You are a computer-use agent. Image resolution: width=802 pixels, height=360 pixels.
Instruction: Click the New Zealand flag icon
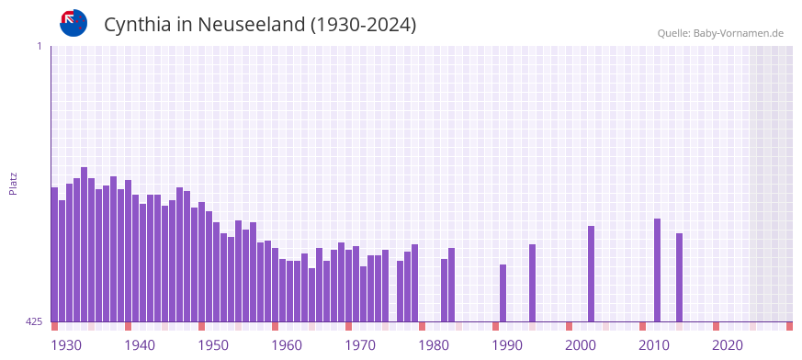click(x=73, y=23)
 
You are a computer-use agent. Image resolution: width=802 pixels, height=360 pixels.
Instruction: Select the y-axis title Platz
click(x=13, y=183)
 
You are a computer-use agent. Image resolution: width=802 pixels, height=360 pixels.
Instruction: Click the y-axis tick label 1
click(x=39, y=46)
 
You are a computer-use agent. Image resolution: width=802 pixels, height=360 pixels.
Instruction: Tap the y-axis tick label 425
click(x=34, y=321)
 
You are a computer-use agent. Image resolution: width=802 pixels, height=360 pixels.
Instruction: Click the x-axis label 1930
click(x=65, y=345)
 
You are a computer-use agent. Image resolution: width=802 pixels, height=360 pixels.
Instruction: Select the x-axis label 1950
click(x=213, y=345)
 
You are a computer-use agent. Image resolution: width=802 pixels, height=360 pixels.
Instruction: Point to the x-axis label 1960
click(x=287, y=345)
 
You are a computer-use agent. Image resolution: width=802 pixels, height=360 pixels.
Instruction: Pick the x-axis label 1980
click(x=434, y=345)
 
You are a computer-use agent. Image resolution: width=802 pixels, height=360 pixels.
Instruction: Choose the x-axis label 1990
click(x=507, y=345)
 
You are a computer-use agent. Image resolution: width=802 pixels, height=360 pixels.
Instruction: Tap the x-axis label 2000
click(x=581, y=345)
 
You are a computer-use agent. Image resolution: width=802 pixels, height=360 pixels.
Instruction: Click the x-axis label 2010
click(x=654, y=345)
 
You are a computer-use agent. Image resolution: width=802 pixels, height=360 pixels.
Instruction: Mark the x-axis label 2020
click(x=728, y=345)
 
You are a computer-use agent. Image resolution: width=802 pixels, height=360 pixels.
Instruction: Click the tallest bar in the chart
click(x=84, y=244)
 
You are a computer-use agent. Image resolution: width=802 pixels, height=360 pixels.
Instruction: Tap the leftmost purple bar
click(x=54, y=254)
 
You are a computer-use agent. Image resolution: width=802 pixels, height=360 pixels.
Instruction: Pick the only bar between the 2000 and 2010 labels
click(x=591, y=274)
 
